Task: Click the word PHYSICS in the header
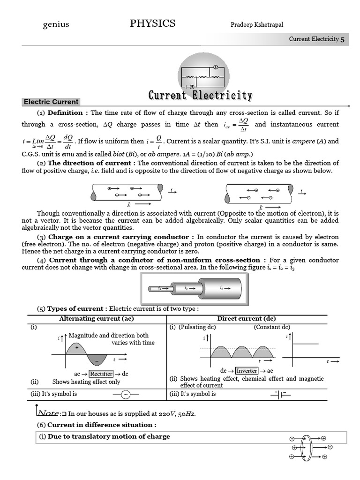click(153, 23)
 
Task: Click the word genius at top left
click(56, 24)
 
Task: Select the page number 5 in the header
click(342, 39)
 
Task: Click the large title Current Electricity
click(200, 96)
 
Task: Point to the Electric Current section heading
click(51, 102)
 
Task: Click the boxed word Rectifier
click(101, 374)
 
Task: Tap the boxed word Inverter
click(247, 370)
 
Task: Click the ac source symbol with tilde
click(126, 395)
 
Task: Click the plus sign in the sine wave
click(76, 347)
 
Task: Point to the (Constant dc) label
click(272, 327)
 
